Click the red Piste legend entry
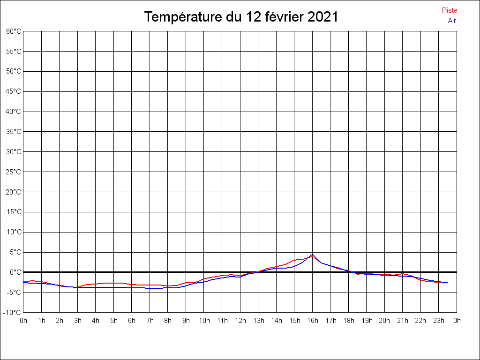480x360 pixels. pyautogui.click(x=449, y=10)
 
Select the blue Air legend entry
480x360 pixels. pyautogui.click(x=452, y=20)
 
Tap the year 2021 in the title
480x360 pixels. pyautogui.click(x=323, y=17)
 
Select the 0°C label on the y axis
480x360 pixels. pyautogui.click(x=15, y=272)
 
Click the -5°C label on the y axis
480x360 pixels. pyautogui.click(x=14, y=292)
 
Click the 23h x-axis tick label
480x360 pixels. pyautogui.click(x=439, y=321)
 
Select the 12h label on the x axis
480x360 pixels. pyautogui.click(x=240, y=321)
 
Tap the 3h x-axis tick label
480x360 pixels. pyautogui.click(x=77, y=321)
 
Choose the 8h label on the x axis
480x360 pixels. pyautogui.click(x=168, y=321)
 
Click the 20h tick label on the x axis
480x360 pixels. pyautogui.click(x=384, y=321)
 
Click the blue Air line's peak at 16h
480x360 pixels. pyautogui.click(x=312, y=255)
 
